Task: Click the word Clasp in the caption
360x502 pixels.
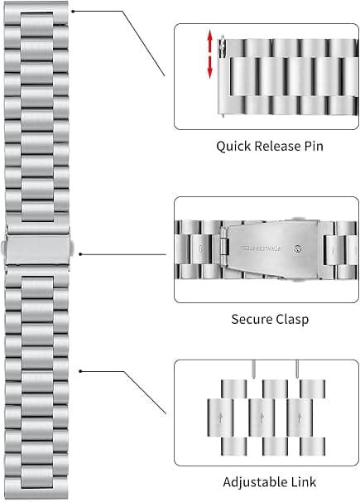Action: click(x=292, y=320)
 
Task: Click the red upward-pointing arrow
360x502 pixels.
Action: click(x=210, y=40)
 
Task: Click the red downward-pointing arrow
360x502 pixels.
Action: click(x=210, y=67)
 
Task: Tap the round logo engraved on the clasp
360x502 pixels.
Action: click(x=298, y=249)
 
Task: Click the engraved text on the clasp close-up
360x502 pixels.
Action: click(x=260, y=249)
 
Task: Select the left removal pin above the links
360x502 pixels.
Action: click(x=254, y=369)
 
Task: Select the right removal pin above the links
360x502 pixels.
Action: click(x=297, y=369)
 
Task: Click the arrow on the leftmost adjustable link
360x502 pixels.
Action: click(x=220, y=418)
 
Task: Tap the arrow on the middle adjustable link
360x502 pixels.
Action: click(x=262, y=418)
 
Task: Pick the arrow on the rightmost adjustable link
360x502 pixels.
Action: click(x=300, y=418)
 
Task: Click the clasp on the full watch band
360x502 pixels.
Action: click(x=37, y=249)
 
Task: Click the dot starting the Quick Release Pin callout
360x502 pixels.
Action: click(x=73, y=12)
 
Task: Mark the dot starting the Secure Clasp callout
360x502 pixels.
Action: click(x=80, y=254)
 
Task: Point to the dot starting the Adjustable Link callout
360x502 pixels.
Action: click(x=80, y=371)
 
